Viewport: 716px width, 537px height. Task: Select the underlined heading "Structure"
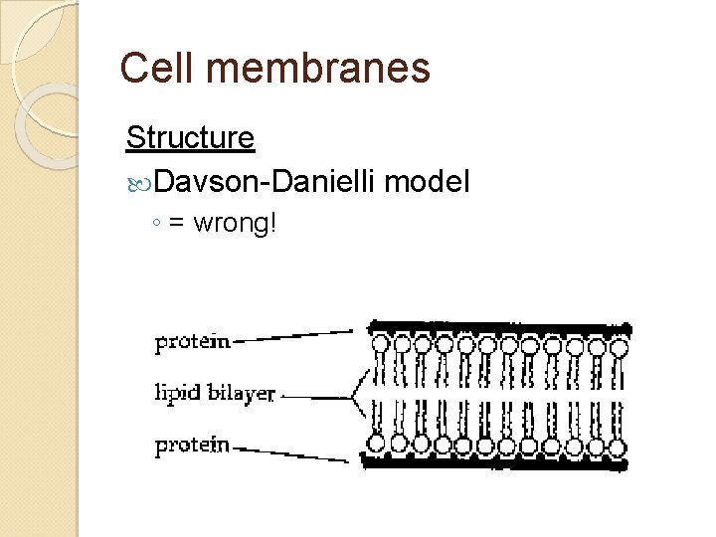tap(190, 138)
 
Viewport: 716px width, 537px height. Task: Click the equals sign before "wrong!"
tap(176, 223)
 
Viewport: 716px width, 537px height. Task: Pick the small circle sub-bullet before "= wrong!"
tap(158, 224)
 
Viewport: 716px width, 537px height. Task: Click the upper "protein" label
tap(193, 341)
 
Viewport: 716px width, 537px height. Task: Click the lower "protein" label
tap(193, 445)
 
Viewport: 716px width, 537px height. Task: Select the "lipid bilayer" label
tap(215, 392)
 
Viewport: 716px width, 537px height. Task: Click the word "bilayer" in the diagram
tap(242, 392)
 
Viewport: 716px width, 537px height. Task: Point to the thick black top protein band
tap(497, 327)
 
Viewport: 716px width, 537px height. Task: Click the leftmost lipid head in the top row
tap(380, 346)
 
